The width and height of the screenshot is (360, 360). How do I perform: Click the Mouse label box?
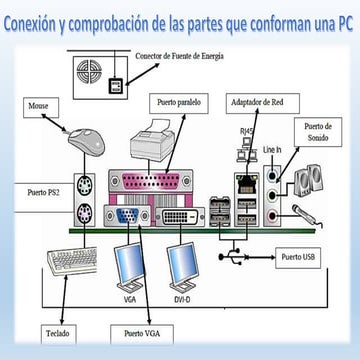tap(41, 107)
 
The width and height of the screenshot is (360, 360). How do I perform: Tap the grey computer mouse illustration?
tap(86, 142)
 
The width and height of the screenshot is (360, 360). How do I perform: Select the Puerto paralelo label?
tap(179, 103)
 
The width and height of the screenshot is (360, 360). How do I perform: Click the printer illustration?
tap(153, 139)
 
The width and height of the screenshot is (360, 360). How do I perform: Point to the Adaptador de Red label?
tap(263, 103)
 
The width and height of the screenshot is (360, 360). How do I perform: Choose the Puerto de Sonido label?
tap(318, 132)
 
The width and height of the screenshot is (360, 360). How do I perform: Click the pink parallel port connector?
tap(151, 181)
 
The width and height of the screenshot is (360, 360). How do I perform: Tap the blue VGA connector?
tap(127, 216)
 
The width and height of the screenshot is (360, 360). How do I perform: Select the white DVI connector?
tap(180, 217)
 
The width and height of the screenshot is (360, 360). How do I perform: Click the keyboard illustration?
tap(72, 261)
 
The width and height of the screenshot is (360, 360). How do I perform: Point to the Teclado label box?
tap(59, 334)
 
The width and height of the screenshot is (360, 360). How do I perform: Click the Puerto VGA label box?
tap(142, 334)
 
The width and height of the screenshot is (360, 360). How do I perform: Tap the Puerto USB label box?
tap(298, 258)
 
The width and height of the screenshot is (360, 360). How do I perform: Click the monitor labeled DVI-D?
tap(183, 268)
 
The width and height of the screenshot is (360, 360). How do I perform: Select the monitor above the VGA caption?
tap(129, 268)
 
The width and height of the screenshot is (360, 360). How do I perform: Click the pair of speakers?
tap(308, 179)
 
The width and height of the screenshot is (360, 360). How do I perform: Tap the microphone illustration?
tap(307, 216)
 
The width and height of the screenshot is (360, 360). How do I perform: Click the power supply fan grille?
tap(89, 71)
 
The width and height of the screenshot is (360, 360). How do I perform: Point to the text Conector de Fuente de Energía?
tap(179, 56)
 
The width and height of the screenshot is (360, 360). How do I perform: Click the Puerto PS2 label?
tap(43, 192)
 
